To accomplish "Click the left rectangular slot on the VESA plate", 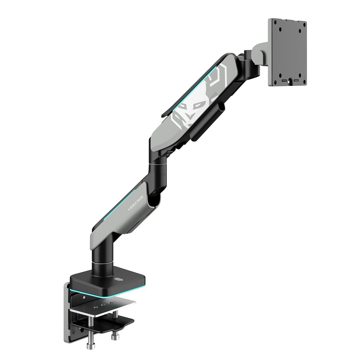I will (x=284, y=81).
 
